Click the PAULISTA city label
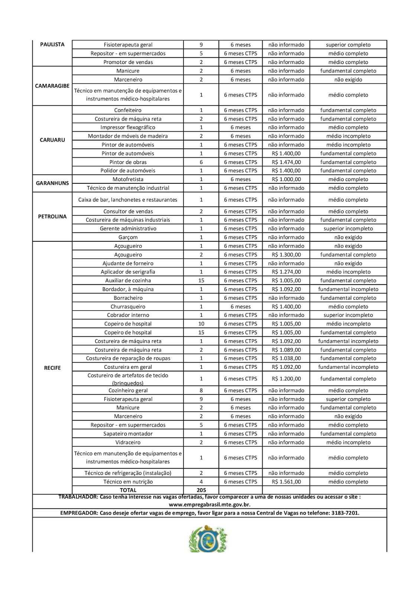[x=52, y=44]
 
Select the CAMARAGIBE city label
[x=52, y=86]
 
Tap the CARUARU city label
[x=52, y=140]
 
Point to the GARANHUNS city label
[x=52, y=183]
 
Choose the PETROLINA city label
[x=52, y=216]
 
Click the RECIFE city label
[x=52, y=368]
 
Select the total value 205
[x=201, y=490]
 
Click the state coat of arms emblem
[x=208, y=538]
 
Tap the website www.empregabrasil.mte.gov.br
[x=209, y=505]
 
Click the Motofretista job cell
[x=128, y=179]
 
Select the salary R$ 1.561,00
[x=286, y=482]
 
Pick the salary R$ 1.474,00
[x=286, y=162]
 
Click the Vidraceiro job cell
[x=128, y=443]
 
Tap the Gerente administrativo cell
[x=128, y=229]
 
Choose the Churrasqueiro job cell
[x=128, y=307]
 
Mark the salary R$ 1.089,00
[x=286, y=350]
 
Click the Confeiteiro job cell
[x=128, y=110]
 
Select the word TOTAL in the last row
[x=128, y=490]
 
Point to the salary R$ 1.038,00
[x=286, y=358]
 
